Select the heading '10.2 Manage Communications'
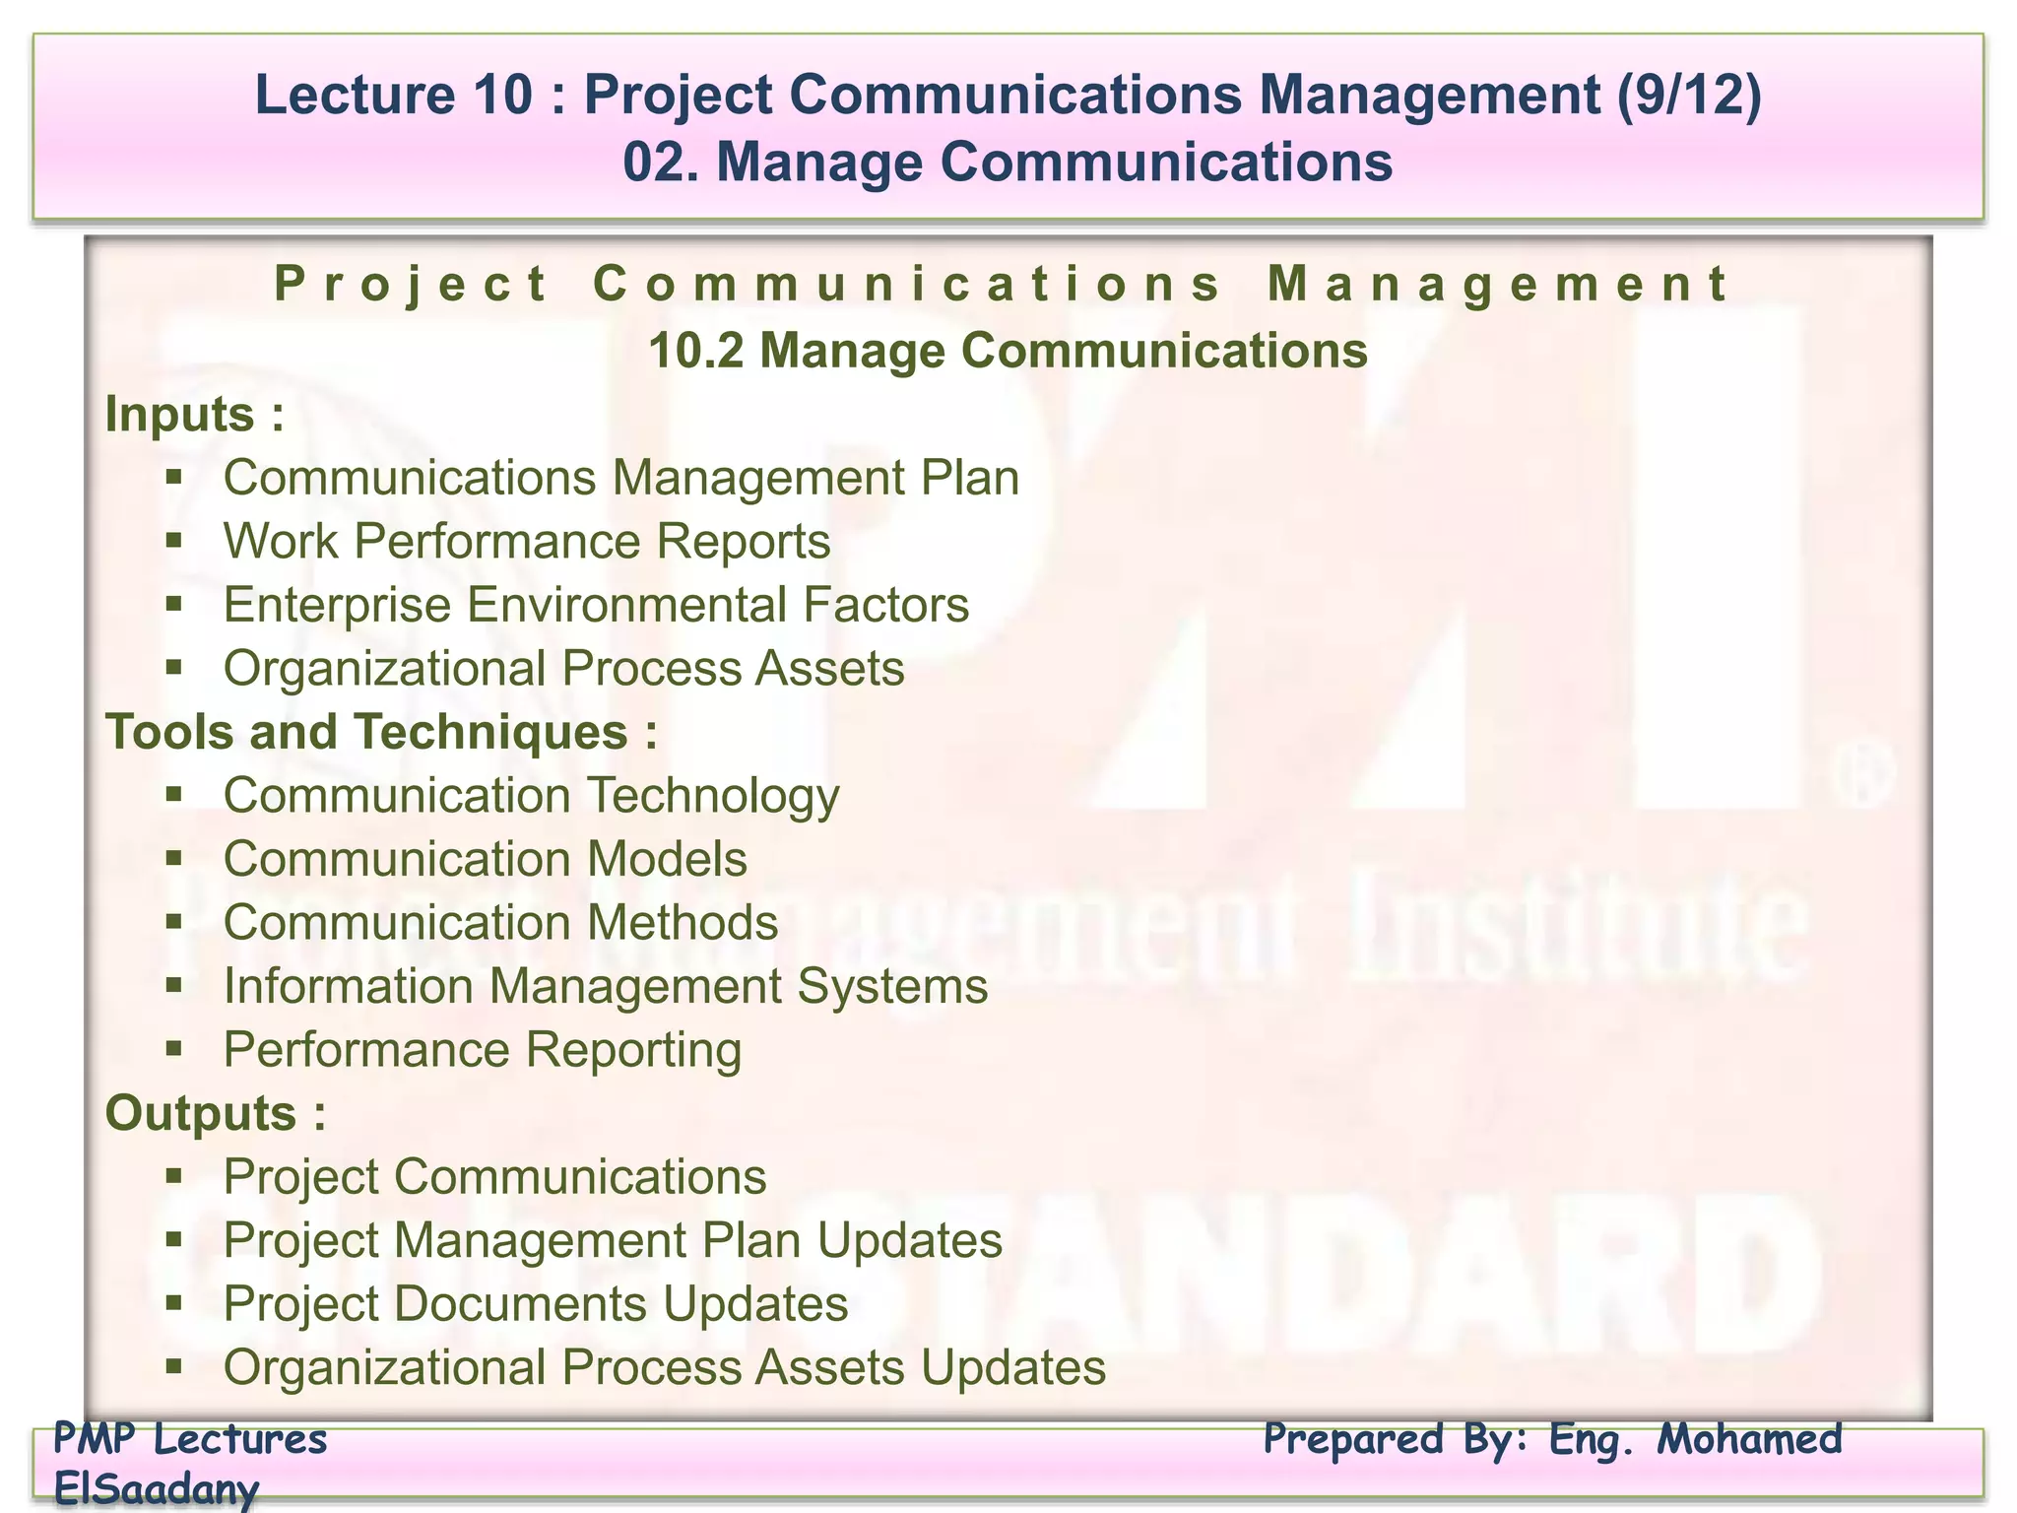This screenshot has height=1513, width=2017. [x=1008, y=351]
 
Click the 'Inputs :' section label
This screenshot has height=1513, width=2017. [x=194, y=414]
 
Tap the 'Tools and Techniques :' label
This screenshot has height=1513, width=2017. [x=381, y=732]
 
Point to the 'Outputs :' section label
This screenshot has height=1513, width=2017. [x=215, y=1113]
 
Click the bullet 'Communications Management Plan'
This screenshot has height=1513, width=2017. [x=620, y=478]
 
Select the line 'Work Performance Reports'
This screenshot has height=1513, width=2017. [x=526, y=542]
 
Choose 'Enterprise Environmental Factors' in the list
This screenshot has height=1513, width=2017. [x=596, y=605]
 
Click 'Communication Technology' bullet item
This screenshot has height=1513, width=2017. [x=531, y=796]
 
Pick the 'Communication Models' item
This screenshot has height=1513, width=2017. [x=485, y=859]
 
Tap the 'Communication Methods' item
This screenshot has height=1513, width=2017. [x=500, y=923]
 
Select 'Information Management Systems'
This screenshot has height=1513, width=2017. [x=605, y=986]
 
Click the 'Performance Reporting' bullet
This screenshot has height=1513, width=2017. [x=482, y=1050]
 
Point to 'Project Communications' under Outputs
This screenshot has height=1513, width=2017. [x=494, y=1177]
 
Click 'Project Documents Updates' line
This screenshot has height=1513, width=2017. [x=535, y=1304]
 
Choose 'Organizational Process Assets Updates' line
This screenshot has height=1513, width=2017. [x=664, y=1368]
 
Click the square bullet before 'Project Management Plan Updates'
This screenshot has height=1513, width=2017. [x=174, y=1238]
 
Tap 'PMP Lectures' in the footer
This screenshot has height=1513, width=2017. [x=189, y=1439]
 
